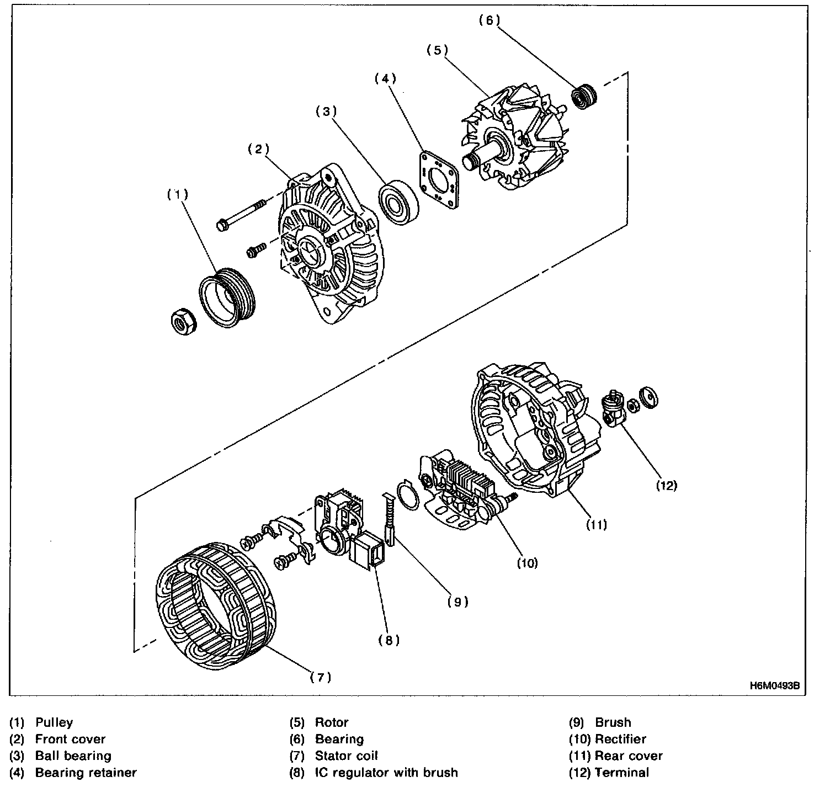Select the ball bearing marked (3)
pyautogui.click(x=397, y=201)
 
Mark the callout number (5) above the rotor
pyautogui.click(x=437, y=50)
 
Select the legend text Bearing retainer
pyautogui.click(x=86, y=773)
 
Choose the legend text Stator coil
pyautogui.click(x=346, y=756)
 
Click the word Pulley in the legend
pyautogui.click(x=54, y=722)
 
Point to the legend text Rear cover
pyautogui.click(x=629, y=756)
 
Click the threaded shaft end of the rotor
pyautogui.click(x=471, y=162)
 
